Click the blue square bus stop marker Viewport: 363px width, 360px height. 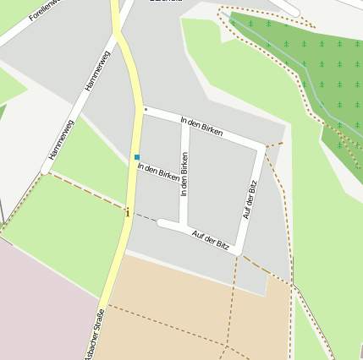click(137, 156)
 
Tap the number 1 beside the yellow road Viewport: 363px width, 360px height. click(128, 213)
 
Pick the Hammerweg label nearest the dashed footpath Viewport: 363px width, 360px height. click(62, 139)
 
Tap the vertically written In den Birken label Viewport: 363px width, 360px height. click(184, 175)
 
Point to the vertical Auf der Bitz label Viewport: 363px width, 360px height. click(250, 199)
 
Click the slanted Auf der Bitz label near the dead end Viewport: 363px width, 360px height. click(211, 239)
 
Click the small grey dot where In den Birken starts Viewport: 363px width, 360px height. click(146, 109)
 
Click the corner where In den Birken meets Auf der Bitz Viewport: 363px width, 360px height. click(261, 146)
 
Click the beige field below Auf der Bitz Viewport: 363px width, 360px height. click(186, 304)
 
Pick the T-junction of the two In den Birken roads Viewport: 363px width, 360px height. click(184, 122)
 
